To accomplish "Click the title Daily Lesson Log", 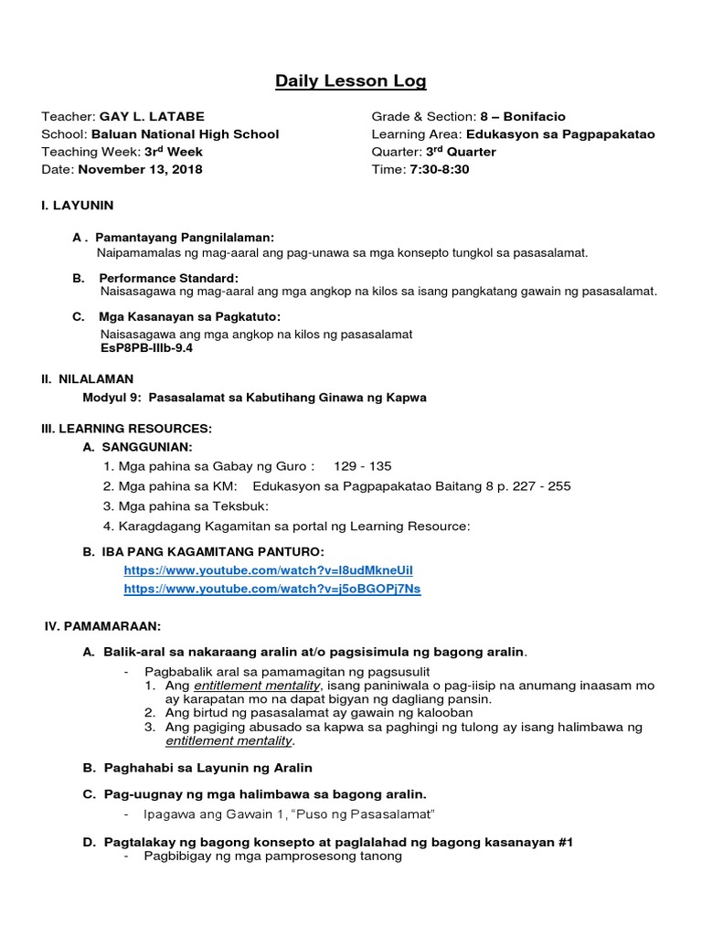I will click(351, 82).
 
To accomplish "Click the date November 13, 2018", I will click(141, 169).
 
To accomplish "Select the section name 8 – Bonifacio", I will click(523, 117).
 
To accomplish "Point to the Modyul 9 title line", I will click(254, 398).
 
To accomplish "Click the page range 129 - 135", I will click(363, 466).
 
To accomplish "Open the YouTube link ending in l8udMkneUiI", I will click(271, 570).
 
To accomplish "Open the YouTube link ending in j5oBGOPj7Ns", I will click(271, 589).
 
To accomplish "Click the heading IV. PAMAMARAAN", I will click(103, 626).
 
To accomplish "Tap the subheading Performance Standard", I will click(168, 278).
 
